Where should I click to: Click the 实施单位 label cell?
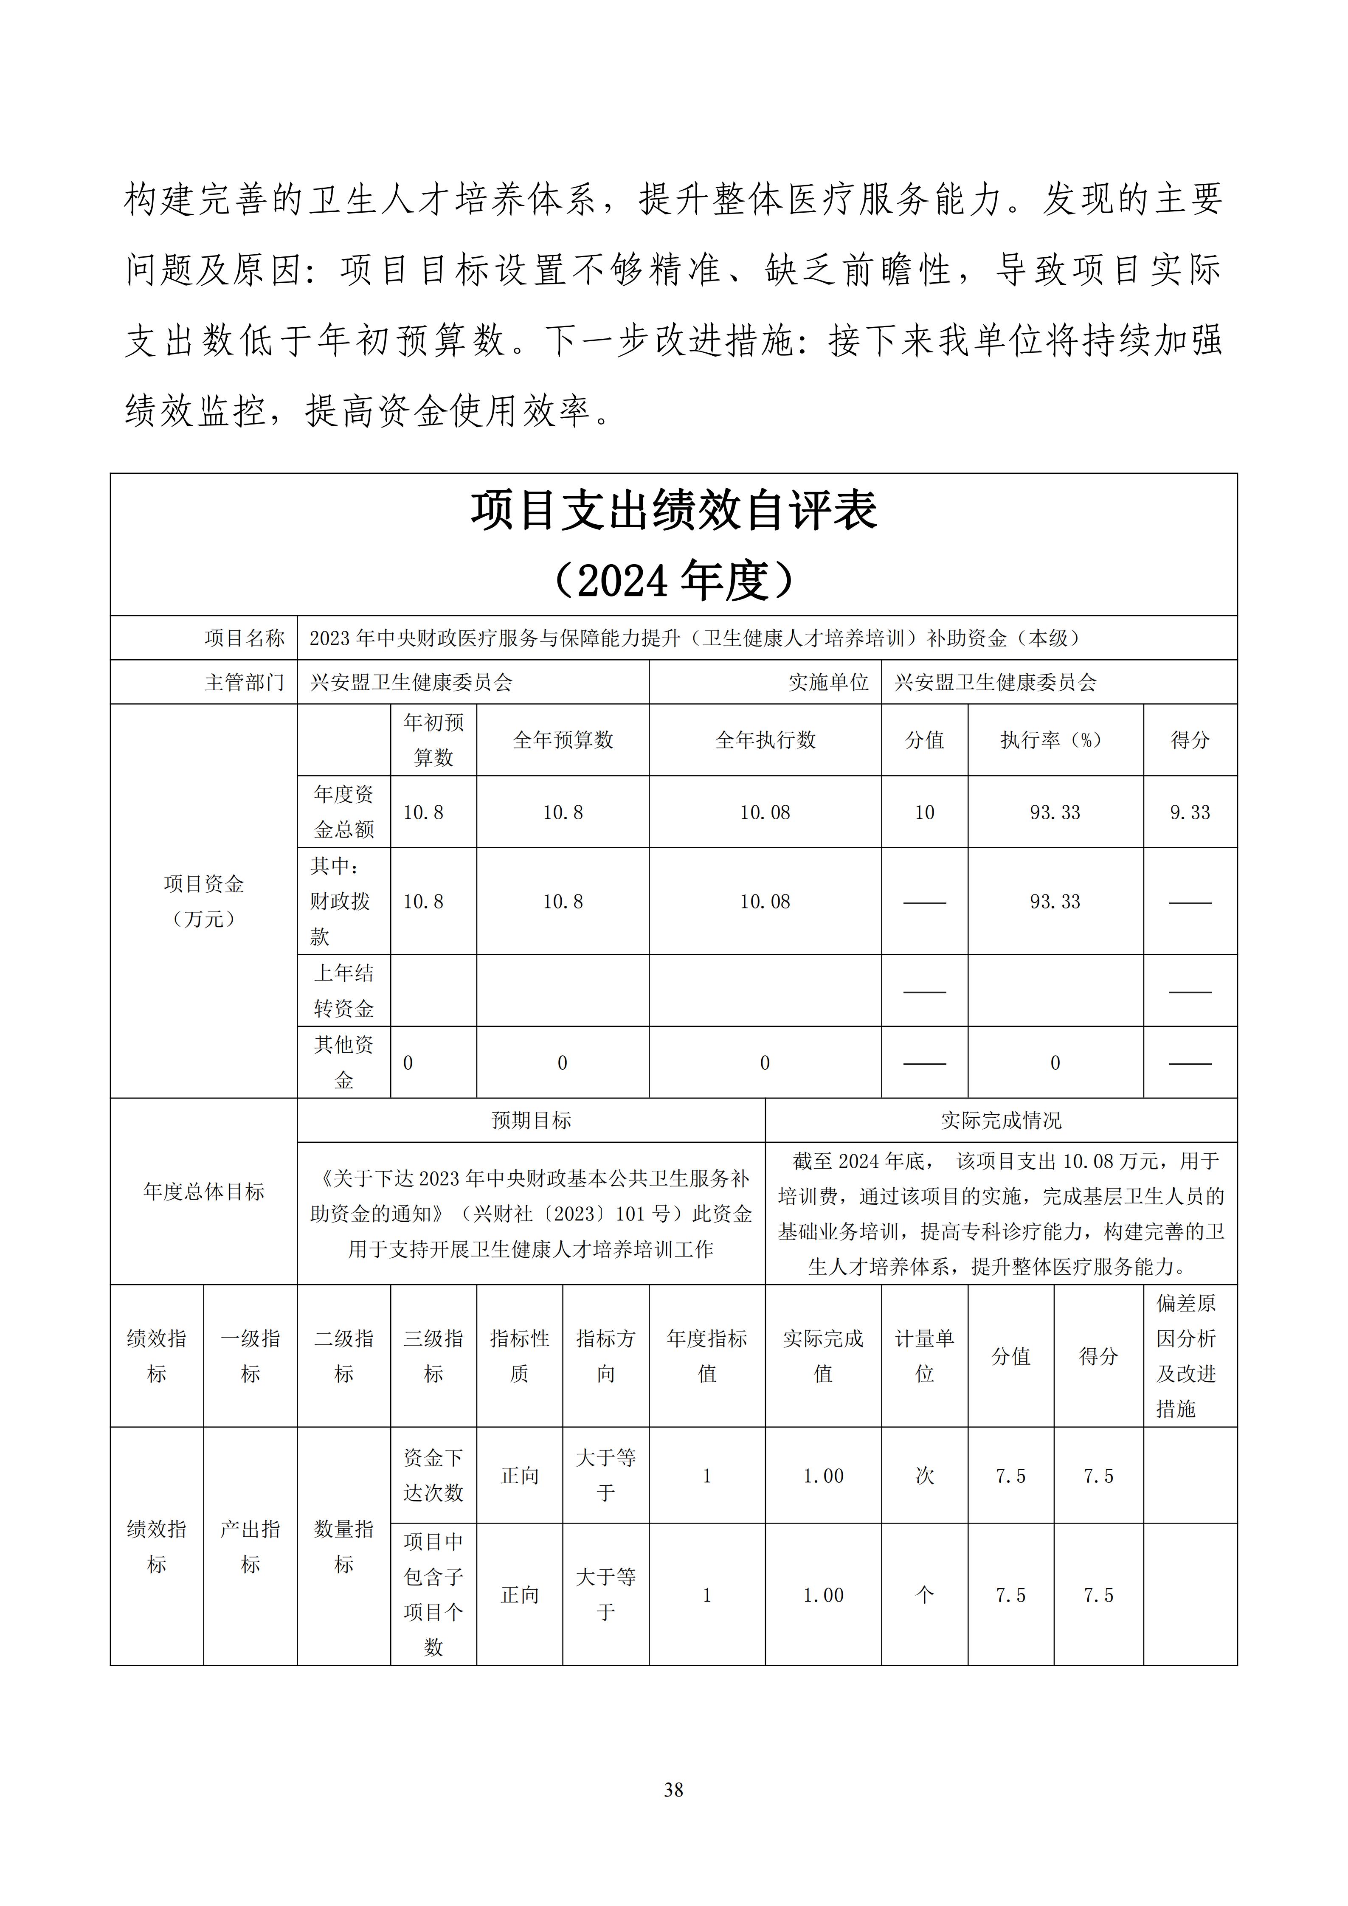pos(827,682)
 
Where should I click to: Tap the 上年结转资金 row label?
pos(343,990)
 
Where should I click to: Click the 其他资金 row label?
pos(343,1062)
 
